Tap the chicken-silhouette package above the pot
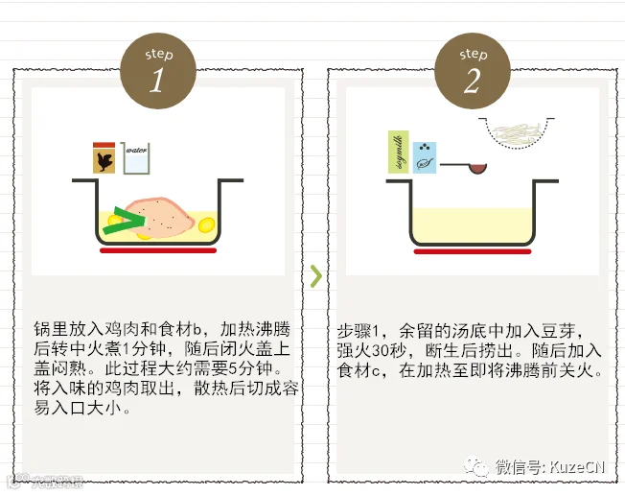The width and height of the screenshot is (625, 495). tap(104, 157)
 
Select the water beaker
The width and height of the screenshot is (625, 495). tap(135, 157)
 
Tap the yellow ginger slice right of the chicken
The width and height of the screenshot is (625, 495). tap(205, 227)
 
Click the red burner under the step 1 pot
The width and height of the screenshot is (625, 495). tap(159, 251)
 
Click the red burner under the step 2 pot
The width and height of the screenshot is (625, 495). tap(472, 251)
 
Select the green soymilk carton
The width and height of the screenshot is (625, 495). tap(396, 152)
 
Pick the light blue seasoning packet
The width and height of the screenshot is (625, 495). tap(425, 156)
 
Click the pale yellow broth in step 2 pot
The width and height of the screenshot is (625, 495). tap(472, 224)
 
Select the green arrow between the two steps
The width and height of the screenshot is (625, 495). tap(315, 277)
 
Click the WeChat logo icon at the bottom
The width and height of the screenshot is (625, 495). tap(476, 466)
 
